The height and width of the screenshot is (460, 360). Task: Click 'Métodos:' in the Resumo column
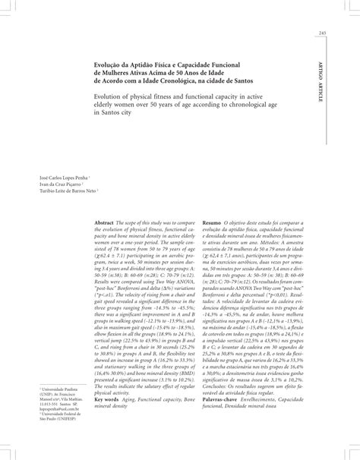pyautogui.click(x=298, y=247)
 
